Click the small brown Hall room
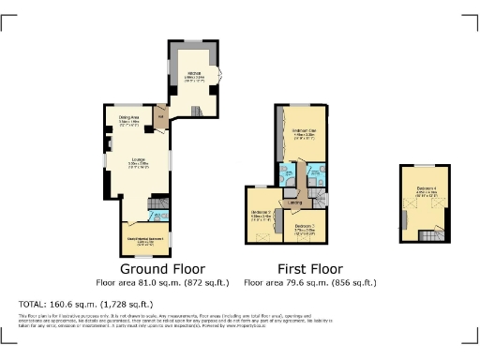[x=161, y=118]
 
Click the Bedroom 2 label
[x=262, y=212]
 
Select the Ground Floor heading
[x=143, y=268]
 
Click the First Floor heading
[x=307, y=268]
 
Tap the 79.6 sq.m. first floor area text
[x=308, y=282]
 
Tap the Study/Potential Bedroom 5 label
[x=143, y=239]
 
